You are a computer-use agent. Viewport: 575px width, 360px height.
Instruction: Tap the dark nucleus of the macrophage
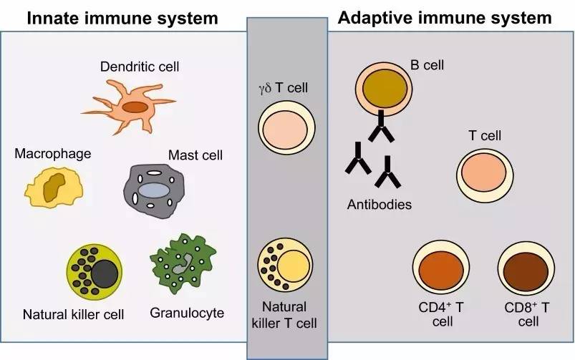pyautogui.click(x=54, y=188)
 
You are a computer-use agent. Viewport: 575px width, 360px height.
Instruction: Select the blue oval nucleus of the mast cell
pyautogui.click(x=153, y=190)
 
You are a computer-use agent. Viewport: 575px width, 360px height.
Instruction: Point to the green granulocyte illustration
pyautogui.click(x=183, y=263)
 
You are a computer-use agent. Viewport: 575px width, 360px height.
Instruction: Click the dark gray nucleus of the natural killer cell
pyautogui.click(x=105, y=273)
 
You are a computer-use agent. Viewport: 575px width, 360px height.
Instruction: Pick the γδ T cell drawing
pyautogui.click(x=286, y=127)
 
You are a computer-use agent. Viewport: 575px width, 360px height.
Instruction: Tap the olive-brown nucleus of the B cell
pyautogui.click(x=385, y=88)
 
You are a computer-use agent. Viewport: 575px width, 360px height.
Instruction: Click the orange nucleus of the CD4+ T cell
pyautogui.click(x=441, y=271)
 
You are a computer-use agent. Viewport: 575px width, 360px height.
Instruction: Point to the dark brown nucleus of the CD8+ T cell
pyautogui.click(x=526, y=271)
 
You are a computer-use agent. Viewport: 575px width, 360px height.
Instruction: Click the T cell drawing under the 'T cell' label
pyautogui.click(x=485, y=175)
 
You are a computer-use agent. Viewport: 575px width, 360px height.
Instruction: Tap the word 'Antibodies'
pyautogui.click(x=380, y=204)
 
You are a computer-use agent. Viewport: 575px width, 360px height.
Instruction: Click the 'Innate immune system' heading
pyautogui.click(x=122, y=19)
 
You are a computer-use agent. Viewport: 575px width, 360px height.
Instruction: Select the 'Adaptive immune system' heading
pyautogui.click(x=445, y=18)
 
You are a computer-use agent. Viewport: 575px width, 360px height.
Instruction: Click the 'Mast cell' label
pyautogui.click(x=195, y=155)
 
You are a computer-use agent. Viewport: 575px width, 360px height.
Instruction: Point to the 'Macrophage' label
pyautogui.click(x=53, y=154)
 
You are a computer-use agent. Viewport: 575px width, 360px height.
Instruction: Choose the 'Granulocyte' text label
pyautogui.click(x=187, y=313)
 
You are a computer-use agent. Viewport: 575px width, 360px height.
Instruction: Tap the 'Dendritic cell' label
pyautogui.click(x=140, y=67)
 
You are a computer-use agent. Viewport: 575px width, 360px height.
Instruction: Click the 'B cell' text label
pyautogui.click(x=427, y=65)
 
